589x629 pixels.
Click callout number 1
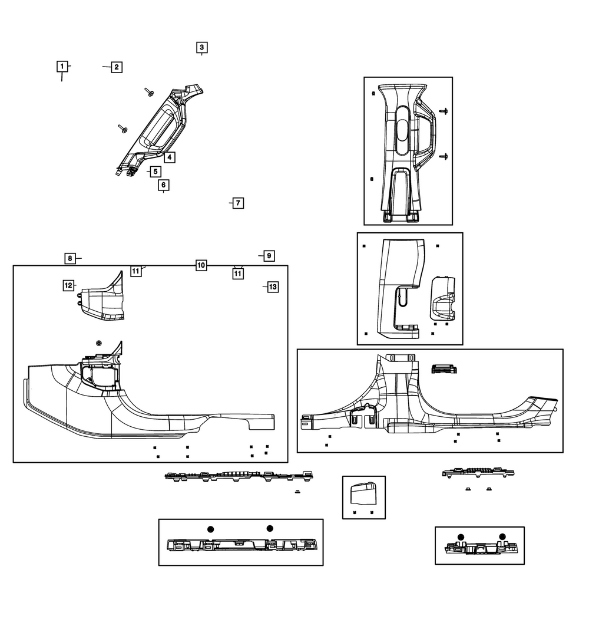coord(61,67)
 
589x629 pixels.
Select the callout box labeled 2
coord(117,67)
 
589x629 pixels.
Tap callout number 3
coord(201,47)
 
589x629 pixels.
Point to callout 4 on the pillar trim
coord(168,157)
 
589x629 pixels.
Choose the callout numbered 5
coord(155,172)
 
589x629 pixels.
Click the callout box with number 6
coord(163,185)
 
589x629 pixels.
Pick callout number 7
coord(237,203)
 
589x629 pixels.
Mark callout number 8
coord(70,258)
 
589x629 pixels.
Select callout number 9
coord(268,256)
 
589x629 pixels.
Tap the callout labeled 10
coord(201,265)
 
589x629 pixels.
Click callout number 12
coord(69,285)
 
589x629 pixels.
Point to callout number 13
coord(272,286)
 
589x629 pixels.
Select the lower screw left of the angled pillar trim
coord(123,129)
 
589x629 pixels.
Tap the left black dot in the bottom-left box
coord(210,529)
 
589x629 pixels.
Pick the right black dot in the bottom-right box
coord(502,536)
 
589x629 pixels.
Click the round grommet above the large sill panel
coord(98,343)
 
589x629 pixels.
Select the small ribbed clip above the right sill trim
coord(445,369)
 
